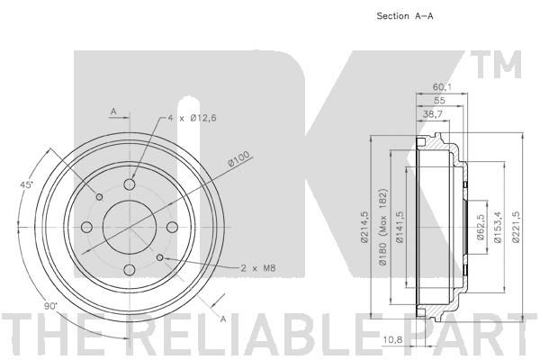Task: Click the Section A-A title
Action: (405, 16)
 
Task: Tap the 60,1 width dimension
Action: (442, 87)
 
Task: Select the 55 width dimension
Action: (439, 100)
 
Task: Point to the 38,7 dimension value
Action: (432, 114)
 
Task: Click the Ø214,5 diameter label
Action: (365, 228)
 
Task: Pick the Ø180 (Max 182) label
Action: (383, 228)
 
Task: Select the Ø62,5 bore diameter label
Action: (481, 228)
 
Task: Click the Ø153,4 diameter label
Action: (498, 228)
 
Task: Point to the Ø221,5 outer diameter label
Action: (516, 228)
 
